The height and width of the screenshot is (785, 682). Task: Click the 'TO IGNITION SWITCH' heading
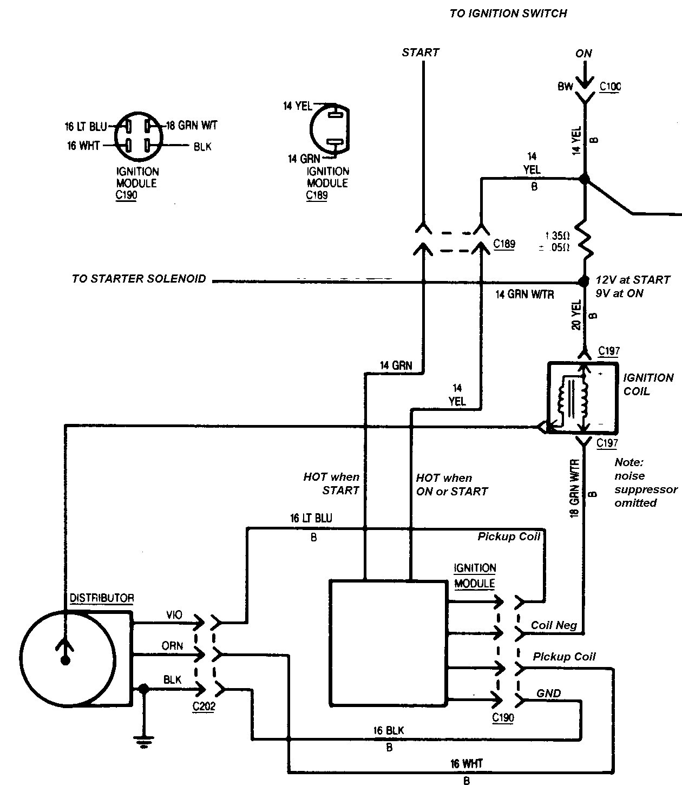tap(508, 14)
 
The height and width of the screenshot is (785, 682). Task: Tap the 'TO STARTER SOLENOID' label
tap(139, 279)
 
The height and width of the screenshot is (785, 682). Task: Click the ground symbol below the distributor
tap(144, 742)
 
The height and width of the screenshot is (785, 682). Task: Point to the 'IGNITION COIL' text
tap(648, 384)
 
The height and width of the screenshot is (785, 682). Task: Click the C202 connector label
tap(204, 706)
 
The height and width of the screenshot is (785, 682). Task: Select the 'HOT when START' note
tap(331, 483)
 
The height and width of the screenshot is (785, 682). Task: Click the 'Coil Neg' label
tap(554, 625)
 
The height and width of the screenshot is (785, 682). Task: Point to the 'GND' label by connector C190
tap(548, 694)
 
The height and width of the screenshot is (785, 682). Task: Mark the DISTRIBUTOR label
tap(102, 598)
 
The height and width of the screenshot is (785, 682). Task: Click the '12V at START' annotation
tap(633, 280)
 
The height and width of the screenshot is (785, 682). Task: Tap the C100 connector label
tap(610, 86)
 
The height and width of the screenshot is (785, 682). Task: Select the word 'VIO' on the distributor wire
tap(174, 615)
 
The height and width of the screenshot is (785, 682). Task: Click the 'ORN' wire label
tap(172, 646)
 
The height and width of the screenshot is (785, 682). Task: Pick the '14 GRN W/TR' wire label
tap(524, 295)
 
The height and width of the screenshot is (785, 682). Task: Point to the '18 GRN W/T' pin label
tap(192, 126)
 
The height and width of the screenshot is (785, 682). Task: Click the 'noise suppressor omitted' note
tap(646, 483)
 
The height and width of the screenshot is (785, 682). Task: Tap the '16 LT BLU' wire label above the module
tap(311, 518)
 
